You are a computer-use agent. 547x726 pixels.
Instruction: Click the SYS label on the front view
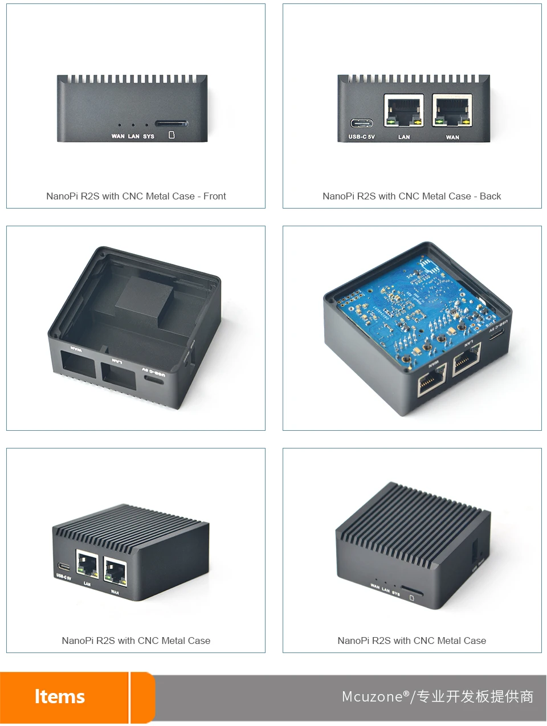coord(149,136)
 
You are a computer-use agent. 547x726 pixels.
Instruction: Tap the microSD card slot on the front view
coord(171,123)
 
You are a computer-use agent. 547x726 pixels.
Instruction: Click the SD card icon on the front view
coord(172,136)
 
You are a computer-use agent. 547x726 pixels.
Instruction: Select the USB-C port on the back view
coord(362,123)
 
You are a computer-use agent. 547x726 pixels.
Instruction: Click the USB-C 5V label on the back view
coord(362,137)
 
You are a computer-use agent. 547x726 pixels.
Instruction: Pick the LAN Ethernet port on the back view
coord(404,111)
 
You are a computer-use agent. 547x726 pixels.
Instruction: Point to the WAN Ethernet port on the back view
coord(452,111)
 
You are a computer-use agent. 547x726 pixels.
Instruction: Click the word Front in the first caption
coord(215,196)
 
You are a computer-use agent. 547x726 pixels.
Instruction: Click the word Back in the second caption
coord(490,196)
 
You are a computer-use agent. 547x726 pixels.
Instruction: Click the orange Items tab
coord(60,696)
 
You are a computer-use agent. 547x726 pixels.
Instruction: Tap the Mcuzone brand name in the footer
coord(373,696)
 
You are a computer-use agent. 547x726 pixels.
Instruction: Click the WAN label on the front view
coord(118,136)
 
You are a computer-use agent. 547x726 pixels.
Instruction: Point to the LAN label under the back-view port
coord(404,137)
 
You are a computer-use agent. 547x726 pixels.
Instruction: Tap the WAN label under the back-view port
coord(452,137)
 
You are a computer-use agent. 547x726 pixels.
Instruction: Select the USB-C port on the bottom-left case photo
coord(63,567)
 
